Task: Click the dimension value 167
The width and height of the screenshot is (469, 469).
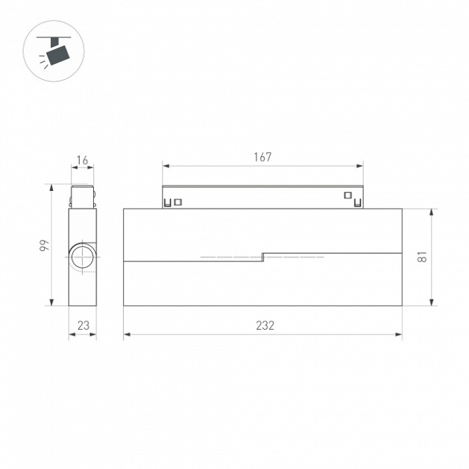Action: coord(262,157)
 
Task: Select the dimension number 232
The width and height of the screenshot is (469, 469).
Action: coord(265,326)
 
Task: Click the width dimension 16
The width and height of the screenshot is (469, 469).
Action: coord(82,160)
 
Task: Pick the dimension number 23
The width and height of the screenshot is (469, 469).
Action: coord(83,326)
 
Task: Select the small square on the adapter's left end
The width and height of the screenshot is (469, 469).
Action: coord(178,202)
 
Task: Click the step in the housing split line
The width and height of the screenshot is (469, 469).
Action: coord(263,257)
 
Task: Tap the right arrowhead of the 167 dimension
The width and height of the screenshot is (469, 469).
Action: coord(360,165)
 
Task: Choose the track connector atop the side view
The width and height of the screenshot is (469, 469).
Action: coord(83,195)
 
